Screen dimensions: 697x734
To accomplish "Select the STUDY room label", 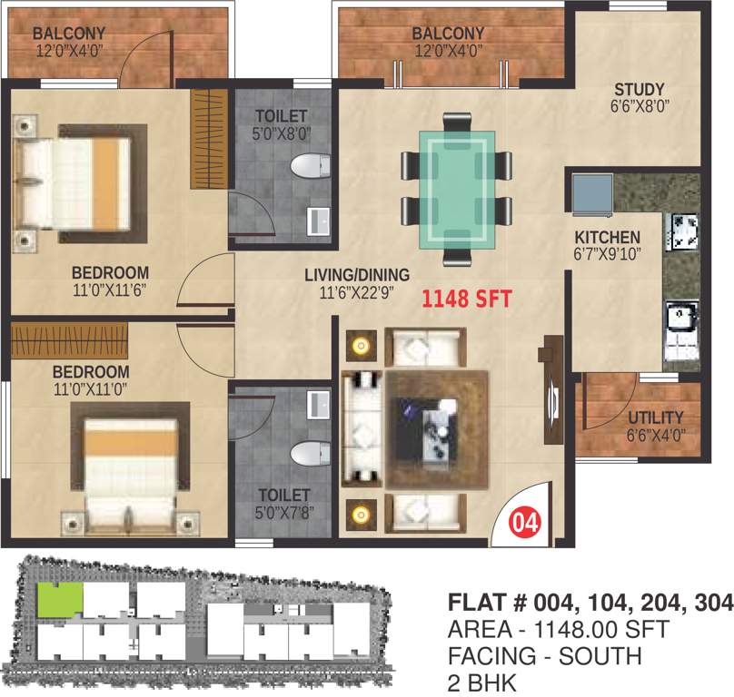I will tap(640, 89).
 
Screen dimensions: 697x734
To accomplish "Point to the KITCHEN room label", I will tap(607, 237).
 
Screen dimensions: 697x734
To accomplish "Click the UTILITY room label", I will tap(655, 417).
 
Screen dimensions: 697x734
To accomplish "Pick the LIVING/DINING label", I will tap(357, 274).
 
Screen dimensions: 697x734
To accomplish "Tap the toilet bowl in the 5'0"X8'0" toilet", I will tap(308, 169).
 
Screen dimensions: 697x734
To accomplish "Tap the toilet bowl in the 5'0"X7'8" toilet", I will tap(308, 451).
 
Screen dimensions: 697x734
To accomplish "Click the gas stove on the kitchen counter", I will tap(682, 231).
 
